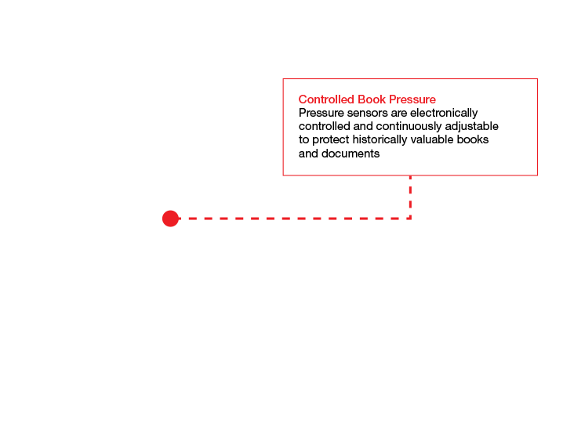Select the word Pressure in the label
click(x=412, y=99)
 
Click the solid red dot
click(x=170, y=219)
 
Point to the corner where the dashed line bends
click(x=410, y=219)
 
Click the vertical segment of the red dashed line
click(x=410, y=197)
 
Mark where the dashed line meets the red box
click(x=410, y=175)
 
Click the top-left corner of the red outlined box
click(x=283, y=79)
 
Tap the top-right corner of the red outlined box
click(x=537, y=79)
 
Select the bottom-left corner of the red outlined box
click(x=283, y=175)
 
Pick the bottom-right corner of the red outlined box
click(x=537, y=175)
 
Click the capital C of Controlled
click(x=302, y=99)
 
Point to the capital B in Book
click(x=361, y=99)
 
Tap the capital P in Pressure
click(x=393, y=99)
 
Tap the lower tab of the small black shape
click(x=172, y=238)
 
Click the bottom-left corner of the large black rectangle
click(x=248, y=219)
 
